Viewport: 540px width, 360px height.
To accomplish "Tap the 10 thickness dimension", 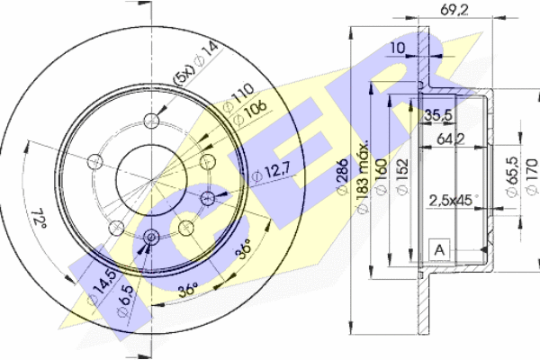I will tap(398, 48).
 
